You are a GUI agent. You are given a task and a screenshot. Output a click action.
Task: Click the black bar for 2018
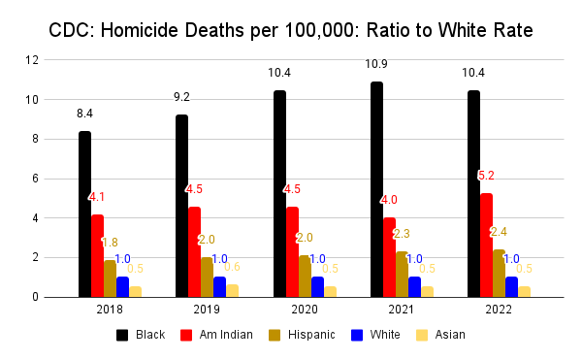[x=84, y=214]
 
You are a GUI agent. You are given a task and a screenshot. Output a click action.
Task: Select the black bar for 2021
[x=375, y=189]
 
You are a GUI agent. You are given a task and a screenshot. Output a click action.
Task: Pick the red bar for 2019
[x=194, y=252]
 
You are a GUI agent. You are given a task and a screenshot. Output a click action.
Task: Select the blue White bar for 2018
[x=122, y=287]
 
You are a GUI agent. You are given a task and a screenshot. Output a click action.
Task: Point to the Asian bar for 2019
[x=232, y=291]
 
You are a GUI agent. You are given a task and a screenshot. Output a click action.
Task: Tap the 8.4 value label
[x=84, y=114]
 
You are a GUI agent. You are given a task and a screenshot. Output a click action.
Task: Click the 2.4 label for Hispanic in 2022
[x=499, y=232]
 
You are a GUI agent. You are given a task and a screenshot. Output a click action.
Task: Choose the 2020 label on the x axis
[x=304, y=311]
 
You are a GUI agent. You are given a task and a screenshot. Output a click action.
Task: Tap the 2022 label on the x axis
[x=499, y=311]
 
